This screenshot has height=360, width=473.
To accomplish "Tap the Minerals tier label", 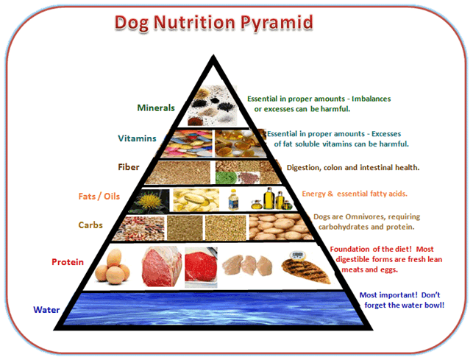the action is tap(156, 107).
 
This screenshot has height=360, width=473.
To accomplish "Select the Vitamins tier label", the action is tap(137, 138).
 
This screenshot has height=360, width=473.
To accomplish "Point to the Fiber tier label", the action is tap(129, 167).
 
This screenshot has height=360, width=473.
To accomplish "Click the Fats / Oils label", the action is tap(99, 197).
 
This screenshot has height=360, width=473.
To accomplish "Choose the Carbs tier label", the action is tap(90, 225).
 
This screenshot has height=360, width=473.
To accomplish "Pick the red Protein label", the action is tap(68, 262).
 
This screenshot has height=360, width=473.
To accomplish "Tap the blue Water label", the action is tap(46, 309).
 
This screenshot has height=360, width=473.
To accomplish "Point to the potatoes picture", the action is tap(280, 227).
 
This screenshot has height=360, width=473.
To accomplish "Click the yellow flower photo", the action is tap(149, 201).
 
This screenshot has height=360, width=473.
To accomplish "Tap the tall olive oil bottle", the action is tap(268, 198).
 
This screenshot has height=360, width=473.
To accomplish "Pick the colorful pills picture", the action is tap(187, 144).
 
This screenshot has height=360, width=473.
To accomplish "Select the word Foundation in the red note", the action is tap(350, 249).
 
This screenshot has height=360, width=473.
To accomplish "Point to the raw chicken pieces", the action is tap(247, 265).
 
